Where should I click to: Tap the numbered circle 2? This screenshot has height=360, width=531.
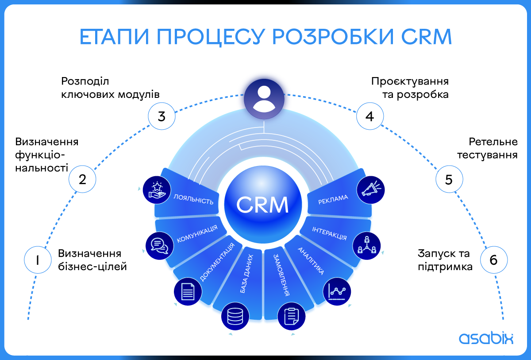tap(82, 179)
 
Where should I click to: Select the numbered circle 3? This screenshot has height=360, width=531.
tap(162, 116)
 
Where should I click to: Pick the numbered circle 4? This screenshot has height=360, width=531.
tap(370, 116)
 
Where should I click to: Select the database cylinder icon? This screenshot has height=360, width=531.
tap(235, 317)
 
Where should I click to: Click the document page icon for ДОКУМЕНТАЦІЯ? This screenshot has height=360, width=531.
tap(188, 291)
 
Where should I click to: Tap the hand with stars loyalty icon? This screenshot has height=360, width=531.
tap(157, 189)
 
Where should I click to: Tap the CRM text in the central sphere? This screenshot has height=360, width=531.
tap(263, 204)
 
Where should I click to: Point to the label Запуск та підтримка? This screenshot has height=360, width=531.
tap(444, 260)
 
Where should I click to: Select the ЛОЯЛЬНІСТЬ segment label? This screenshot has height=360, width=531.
tap(194, 199)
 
